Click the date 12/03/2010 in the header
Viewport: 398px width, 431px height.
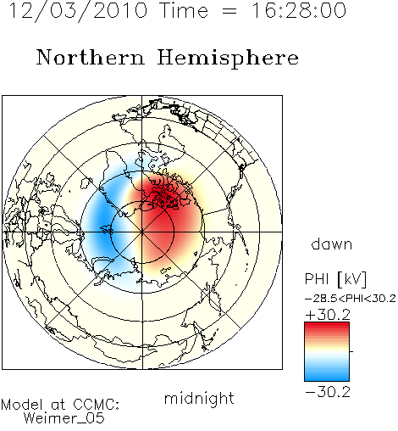[x=79, y=11]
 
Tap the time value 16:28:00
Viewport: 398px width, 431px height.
[x=299, y=11]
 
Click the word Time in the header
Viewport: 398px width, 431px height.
[x=184, y=11]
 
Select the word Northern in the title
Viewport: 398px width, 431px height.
[x=91, y=58]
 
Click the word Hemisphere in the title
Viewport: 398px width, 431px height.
[x=228, y=59]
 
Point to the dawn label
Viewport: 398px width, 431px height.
[x=332, y=243]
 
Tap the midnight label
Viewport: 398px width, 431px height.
[x=199, y=398]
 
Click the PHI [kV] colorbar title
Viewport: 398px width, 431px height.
[x=335, y=279]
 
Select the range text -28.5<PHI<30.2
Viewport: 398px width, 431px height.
[x=350, y=299]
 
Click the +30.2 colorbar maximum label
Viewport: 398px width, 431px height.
[x=328, y=315]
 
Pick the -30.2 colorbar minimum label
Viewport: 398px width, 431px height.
[x=328, y=392]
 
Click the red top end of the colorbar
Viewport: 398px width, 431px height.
[x=327, y=325]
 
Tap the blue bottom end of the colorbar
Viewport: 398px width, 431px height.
[x=327, y=378]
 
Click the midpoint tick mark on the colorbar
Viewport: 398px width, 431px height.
[x=351, y=351]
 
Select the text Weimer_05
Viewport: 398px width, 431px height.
[x=64, y=418]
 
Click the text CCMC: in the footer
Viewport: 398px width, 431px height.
[x=96, y=405]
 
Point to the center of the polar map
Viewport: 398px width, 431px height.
[x=142, y=232]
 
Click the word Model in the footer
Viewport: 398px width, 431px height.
[x=22, y=405]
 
